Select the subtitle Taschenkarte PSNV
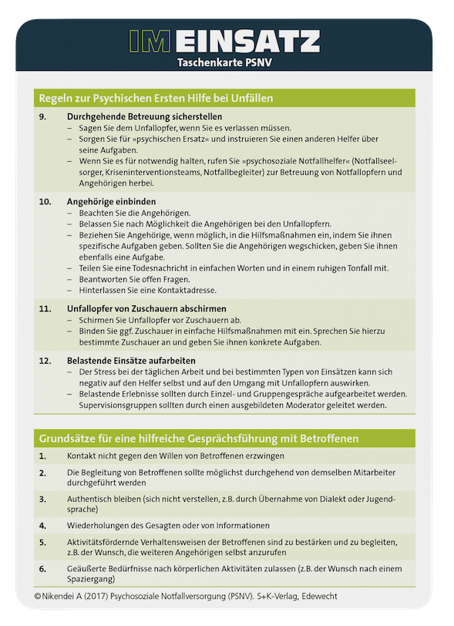click(227, 62)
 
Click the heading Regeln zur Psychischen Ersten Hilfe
click(156, 98)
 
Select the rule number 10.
click(45, 201)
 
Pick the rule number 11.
click(45, 308)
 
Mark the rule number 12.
click(45, 360)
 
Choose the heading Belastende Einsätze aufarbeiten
click(131, 360)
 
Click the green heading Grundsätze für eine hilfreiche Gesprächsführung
click(199, 439)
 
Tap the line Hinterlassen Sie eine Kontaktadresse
click(146, 290)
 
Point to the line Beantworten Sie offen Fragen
click(134, 278)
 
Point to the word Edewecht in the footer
click(328, 596)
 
